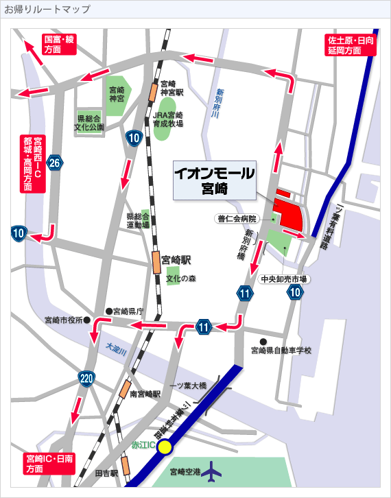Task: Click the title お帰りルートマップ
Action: [x=47, y=9]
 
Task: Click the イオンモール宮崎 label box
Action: [x=214, y=180]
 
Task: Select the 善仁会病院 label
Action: [x=237, y=219]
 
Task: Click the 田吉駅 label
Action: [x=106, y=473]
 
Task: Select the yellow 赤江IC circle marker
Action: [x=165, y=448]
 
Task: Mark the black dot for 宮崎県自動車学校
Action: [x=263, y=341]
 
